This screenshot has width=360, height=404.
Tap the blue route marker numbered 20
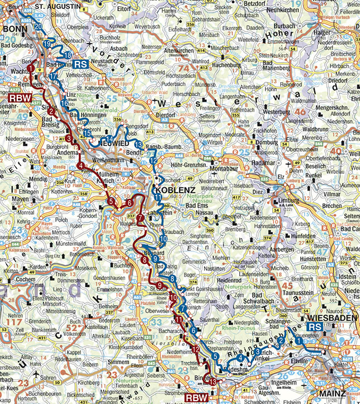(38, 26)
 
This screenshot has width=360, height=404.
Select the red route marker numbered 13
(212, 381)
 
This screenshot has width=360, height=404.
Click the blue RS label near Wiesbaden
(315, 327)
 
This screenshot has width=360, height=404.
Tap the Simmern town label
(119, 362)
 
